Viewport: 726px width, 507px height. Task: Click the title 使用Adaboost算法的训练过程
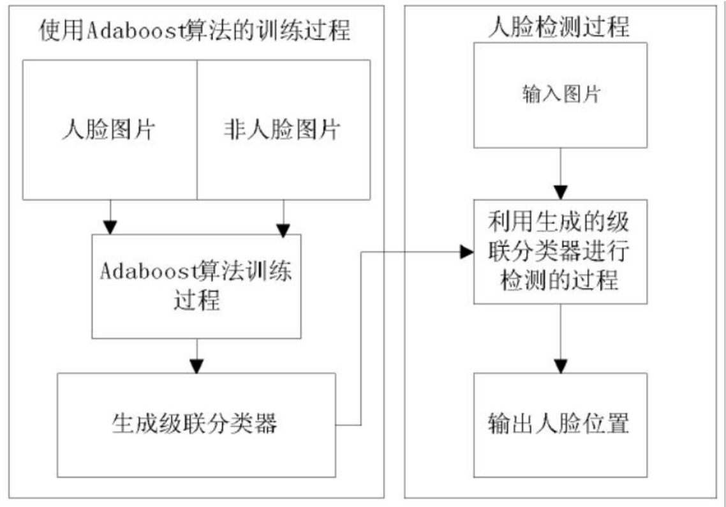pos(195,30)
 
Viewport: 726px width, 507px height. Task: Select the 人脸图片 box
pos(110,130)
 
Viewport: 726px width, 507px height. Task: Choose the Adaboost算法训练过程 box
pos(196,286)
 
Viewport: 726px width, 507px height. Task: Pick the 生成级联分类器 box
pos(196,424)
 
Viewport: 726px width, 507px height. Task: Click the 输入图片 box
pos(559,95)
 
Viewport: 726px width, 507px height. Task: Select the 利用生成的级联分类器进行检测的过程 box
pos(559,252)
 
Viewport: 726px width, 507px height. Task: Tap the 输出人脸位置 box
pos(559,425)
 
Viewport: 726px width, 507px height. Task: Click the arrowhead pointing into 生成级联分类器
pos(196,366)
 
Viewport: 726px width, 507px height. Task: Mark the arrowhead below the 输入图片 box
pos(559,192)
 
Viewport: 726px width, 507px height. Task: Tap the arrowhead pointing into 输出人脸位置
pos(559,367)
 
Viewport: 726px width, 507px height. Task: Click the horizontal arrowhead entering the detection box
pos(466,252)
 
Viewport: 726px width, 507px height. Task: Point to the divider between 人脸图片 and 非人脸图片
pos(196,130)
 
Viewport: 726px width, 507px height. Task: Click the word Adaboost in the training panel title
pos(130,30)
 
